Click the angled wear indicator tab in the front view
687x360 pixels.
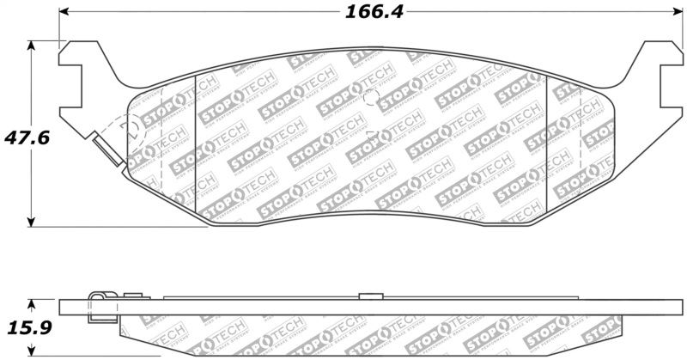point(106,149)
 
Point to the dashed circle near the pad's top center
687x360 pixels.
point(371,96)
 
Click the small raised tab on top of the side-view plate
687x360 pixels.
point(369,296)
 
